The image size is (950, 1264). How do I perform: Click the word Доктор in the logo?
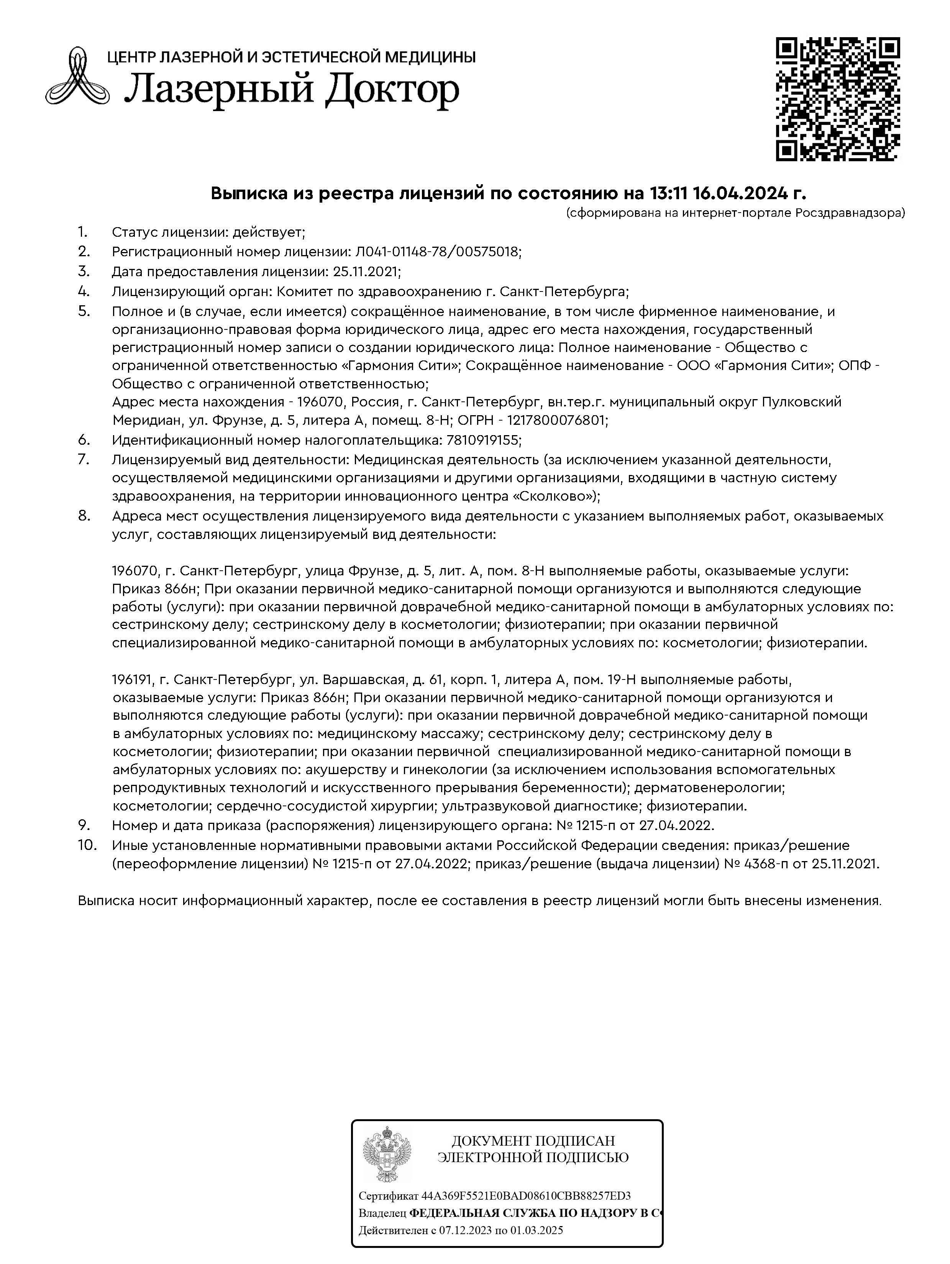[x=392, y=91]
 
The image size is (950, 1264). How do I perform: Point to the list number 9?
[x=84, y=825]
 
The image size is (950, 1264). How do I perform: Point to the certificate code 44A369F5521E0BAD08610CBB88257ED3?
[x=526, y=1195]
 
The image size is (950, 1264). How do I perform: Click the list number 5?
[x=84, y=311]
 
